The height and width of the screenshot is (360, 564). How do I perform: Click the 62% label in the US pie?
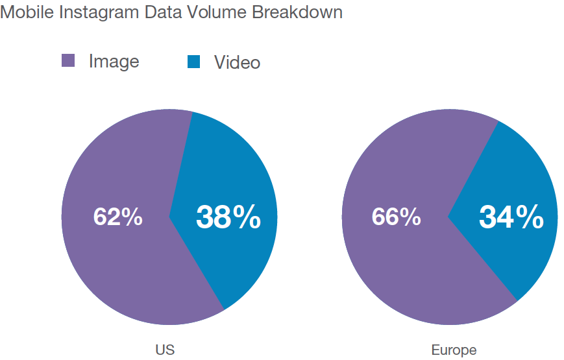tap(117, 217)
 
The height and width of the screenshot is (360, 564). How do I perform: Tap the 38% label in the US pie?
tap(228, 217)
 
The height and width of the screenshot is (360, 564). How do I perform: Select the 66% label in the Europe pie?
tap(396, 217)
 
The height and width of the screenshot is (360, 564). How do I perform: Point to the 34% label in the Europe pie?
tap(511, 217)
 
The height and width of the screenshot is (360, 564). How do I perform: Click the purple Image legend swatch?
tap(68, 61)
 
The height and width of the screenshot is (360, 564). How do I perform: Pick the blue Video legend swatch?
tap(194, 62)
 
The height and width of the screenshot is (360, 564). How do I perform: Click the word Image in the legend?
tap(114, 61)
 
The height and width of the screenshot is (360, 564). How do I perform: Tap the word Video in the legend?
tap(237, 62)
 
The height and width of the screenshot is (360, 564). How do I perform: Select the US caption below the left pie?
tap(165, 350)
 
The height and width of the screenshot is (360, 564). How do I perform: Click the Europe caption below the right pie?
tap(454, 350)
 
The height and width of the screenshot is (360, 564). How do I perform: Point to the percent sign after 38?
tap(247, 217)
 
